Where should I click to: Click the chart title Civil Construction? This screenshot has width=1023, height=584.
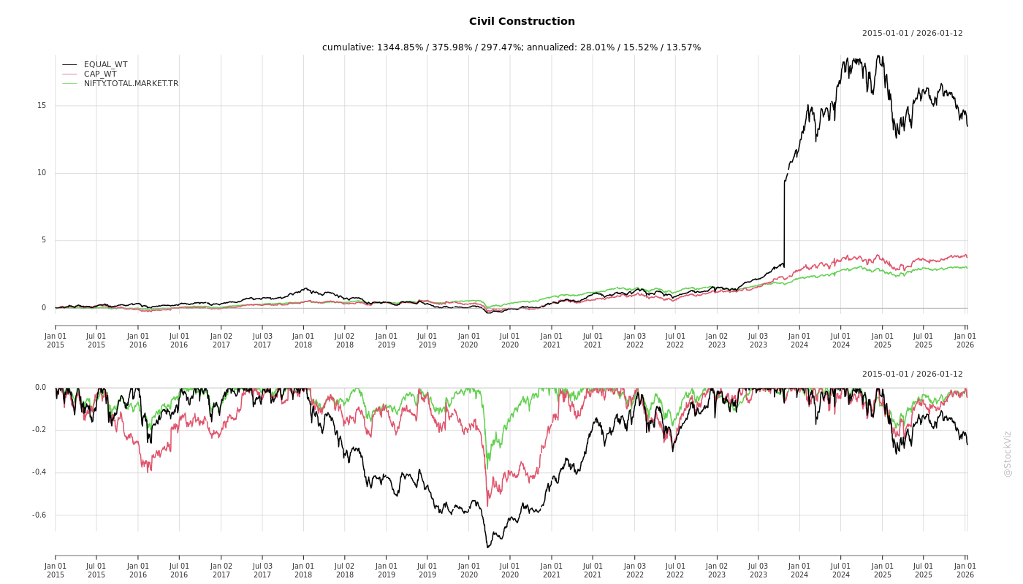[x=522, y=22]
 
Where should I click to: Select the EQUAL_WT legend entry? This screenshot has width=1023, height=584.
[x=105, y=65]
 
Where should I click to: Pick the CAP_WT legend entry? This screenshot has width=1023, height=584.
[x=100, y=74]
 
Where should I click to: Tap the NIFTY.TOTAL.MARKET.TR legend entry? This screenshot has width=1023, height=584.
[x=131, y=84]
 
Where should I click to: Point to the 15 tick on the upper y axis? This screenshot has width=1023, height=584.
[x=42, y=106]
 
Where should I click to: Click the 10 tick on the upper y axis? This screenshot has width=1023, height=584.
[x=42, y=173]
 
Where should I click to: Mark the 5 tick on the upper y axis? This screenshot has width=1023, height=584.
[x=43, y=240]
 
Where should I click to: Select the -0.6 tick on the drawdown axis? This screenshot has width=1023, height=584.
[x=39, y=515]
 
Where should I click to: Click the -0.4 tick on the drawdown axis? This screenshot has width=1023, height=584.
[x=39, y=472]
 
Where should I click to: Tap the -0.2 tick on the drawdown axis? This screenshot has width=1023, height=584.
[x=39, y=430]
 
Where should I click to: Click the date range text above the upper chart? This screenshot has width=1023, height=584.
[x=912, y=34]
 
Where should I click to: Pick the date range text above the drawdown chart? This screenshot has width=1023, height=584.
[x=912, y=374]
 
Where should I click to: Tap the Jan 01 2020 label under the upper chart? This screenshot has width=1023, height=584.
[x=469, y=340]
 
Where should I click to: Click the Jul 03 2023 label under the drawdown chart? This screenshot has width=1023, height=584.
[x=758, y=570]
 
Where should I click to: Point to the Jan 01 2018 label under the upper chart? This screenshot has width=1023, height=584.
[x=303, y=340]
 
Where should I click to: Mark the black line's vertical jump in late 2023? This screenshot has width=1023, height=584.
[x=784, y=219]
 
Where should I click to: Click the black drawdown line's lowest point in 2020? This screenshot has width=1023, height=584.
[x=487, y=547]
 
